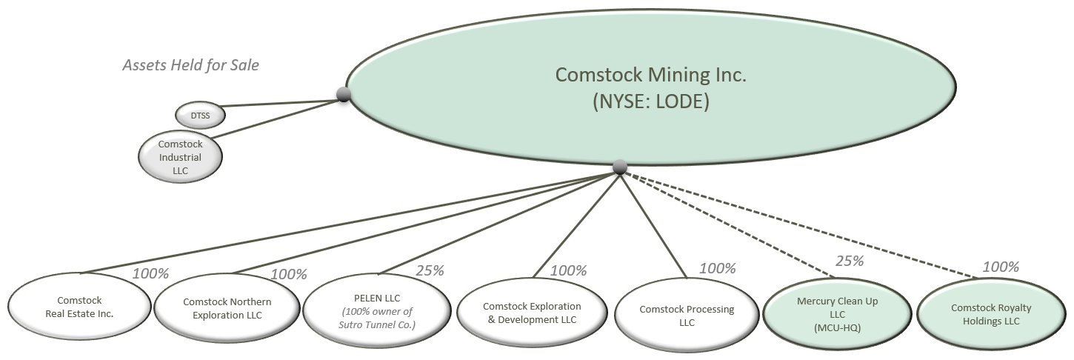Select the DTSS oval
coord(200,115)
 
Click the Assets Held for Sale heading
coord(190,65)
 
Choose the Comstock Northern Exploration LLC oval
coord(227,307)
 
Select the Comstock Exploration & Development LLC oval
coord(532,312)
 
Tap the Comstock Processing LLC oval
coord(687,314)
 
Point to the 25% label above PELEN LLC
coord(429,270)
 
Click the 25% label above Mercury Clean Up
coord(850,261)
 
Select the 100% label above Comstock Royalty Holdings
coord(1000,267)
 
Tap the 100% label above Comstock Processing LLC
coord(717,268)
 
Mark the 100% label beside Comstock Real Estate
coord(150,273)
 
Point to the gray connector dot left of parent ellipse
coord(343,94)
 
